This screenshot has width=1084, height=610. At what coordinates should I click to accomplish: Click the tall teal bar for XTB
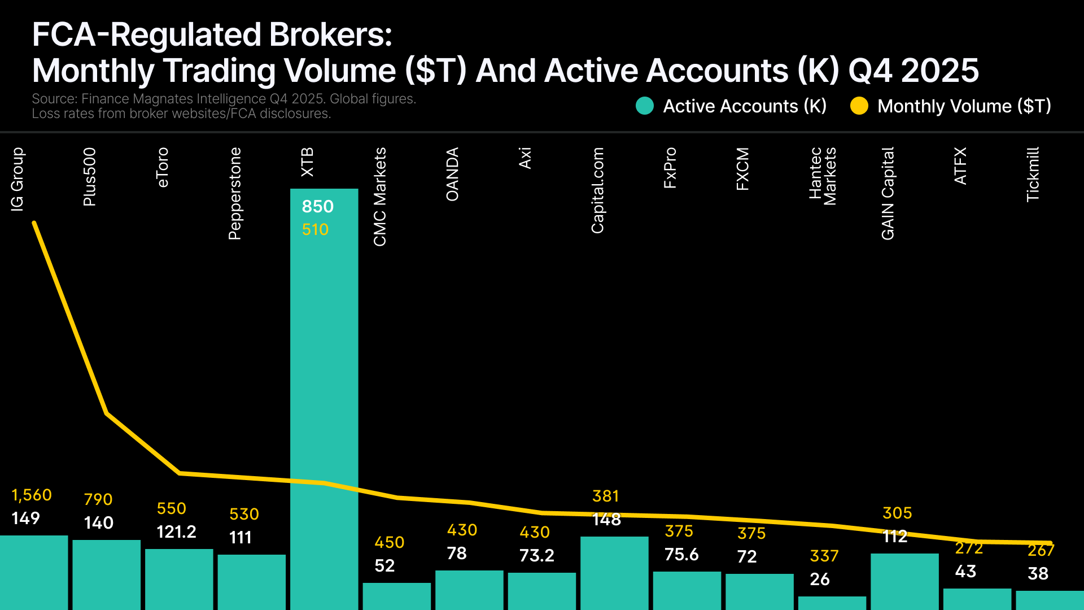point(324,395)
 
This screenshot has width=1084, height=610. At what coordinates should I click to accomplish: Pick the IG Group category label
point(18,180)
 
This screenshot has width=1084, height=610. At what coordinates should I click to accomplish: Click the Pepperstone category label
point(235,194)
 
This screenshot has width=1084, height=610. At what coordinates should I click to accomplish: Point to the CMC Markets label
point(380,197)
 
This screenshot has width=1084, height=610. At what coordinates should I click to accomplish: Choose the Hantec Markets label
point(823,176)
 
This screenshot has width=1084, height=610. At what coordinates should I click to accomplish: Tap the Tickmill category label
point(1033,175)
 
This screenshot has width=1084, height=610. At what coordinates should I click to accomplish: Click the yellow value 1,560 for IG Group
point(32,495)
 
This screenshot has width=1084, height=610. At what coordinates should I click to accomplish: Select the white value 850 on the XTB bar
point(318,207)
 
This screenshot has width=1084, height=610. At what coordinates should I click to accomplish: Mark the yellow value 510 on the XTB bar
point(315,230)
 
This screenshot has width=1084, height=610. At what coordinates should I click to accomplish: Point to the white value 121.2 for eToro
point(176,532)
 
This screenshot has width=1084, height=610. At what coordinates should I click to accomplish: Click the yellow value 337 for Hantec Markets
point(824,556)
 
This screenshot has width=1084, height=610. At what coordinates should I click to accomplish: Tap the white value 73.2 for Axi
point(537,556)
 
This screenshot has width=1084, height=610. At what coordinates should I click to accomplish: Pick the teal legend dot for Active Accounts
point(645,106)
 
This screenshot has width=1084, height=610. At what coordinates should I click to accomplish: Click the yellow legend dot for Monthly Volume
point(859,106)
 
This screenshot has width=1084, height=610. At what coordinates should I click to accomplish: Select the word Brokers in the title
point(330,35)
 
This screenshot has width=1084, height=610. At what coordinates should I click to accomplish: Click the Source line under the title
point(224,99)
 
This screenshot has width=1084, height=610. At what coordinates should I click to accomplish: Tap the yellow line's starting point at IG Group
point(34,223)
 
